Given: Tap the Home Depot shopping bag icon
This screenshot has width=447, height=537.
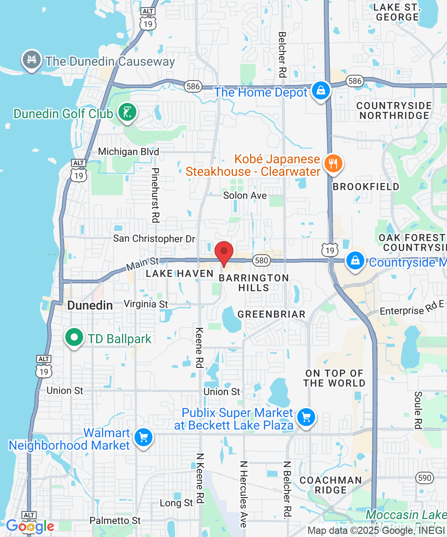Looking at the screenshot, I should pos(321,91).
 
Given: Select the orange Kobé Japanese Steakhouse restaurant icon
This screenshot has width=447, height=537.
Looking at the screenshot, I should pos(333,164).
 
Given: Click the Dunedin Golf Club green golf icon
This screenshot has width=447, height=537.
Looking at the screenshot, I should pos(127,112).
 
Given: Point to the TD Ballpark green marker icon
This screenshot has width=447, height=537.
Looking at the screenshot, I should pos(75,338).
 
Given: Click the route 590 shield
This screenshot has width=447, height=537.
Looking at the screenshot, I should pos(424,477).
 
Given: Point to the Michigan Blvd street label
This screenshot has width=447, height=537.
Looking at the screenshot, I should pos(129,152).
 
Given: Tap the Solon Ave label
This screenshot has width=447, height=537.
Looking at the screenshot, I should pos(245,196).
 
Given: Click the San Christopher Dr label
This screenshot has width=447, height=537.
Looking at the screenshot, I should pos(154,239).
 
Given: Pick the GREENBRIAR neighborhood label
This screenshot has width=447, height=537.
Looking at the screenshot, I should pos(271,314).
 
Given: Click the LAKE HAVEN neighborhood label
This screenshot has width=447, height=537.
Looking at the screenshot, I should pos(180,273).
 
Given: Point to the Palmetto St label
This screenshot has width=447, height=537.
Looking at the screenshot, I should pos(115,520).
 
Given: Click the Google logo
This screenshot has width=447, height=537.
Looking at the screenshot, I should pos(30,526).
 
